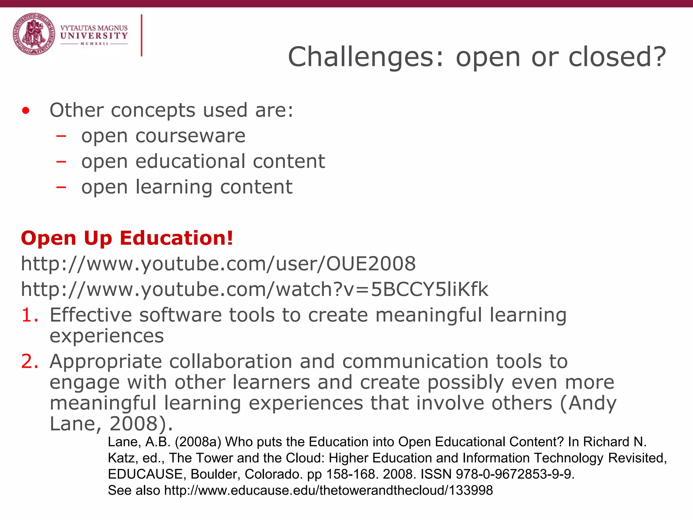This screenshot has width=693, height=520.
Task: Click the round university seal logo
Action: (34, 34)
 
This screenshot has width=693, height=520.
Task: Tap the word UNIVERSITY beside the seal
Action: (94, 36)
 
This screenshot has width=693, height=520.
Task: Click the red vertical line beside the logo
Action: (141, 35)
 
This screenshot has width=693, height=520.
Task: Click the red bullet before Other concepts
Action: (26, 111)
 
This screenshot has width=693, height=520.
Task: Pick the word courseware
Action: (191, 136)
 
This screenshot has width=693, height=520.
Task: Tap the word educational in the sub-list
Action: (190, 161)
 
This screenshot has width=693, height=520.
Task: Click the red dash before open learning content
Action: (61, 187)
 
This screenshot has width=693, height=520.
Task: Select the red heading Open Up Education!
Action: (127, 238)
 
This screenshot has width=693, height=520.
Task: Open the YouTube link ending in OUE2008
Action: (218, 264)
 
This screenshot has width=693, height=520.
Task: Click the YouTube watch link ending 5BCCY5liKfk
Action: (254, 289)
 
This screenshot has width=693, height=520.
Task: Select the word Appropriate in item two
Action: (106, 362)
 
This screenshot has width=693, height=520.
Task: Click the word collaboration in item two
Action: (230, 362)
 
